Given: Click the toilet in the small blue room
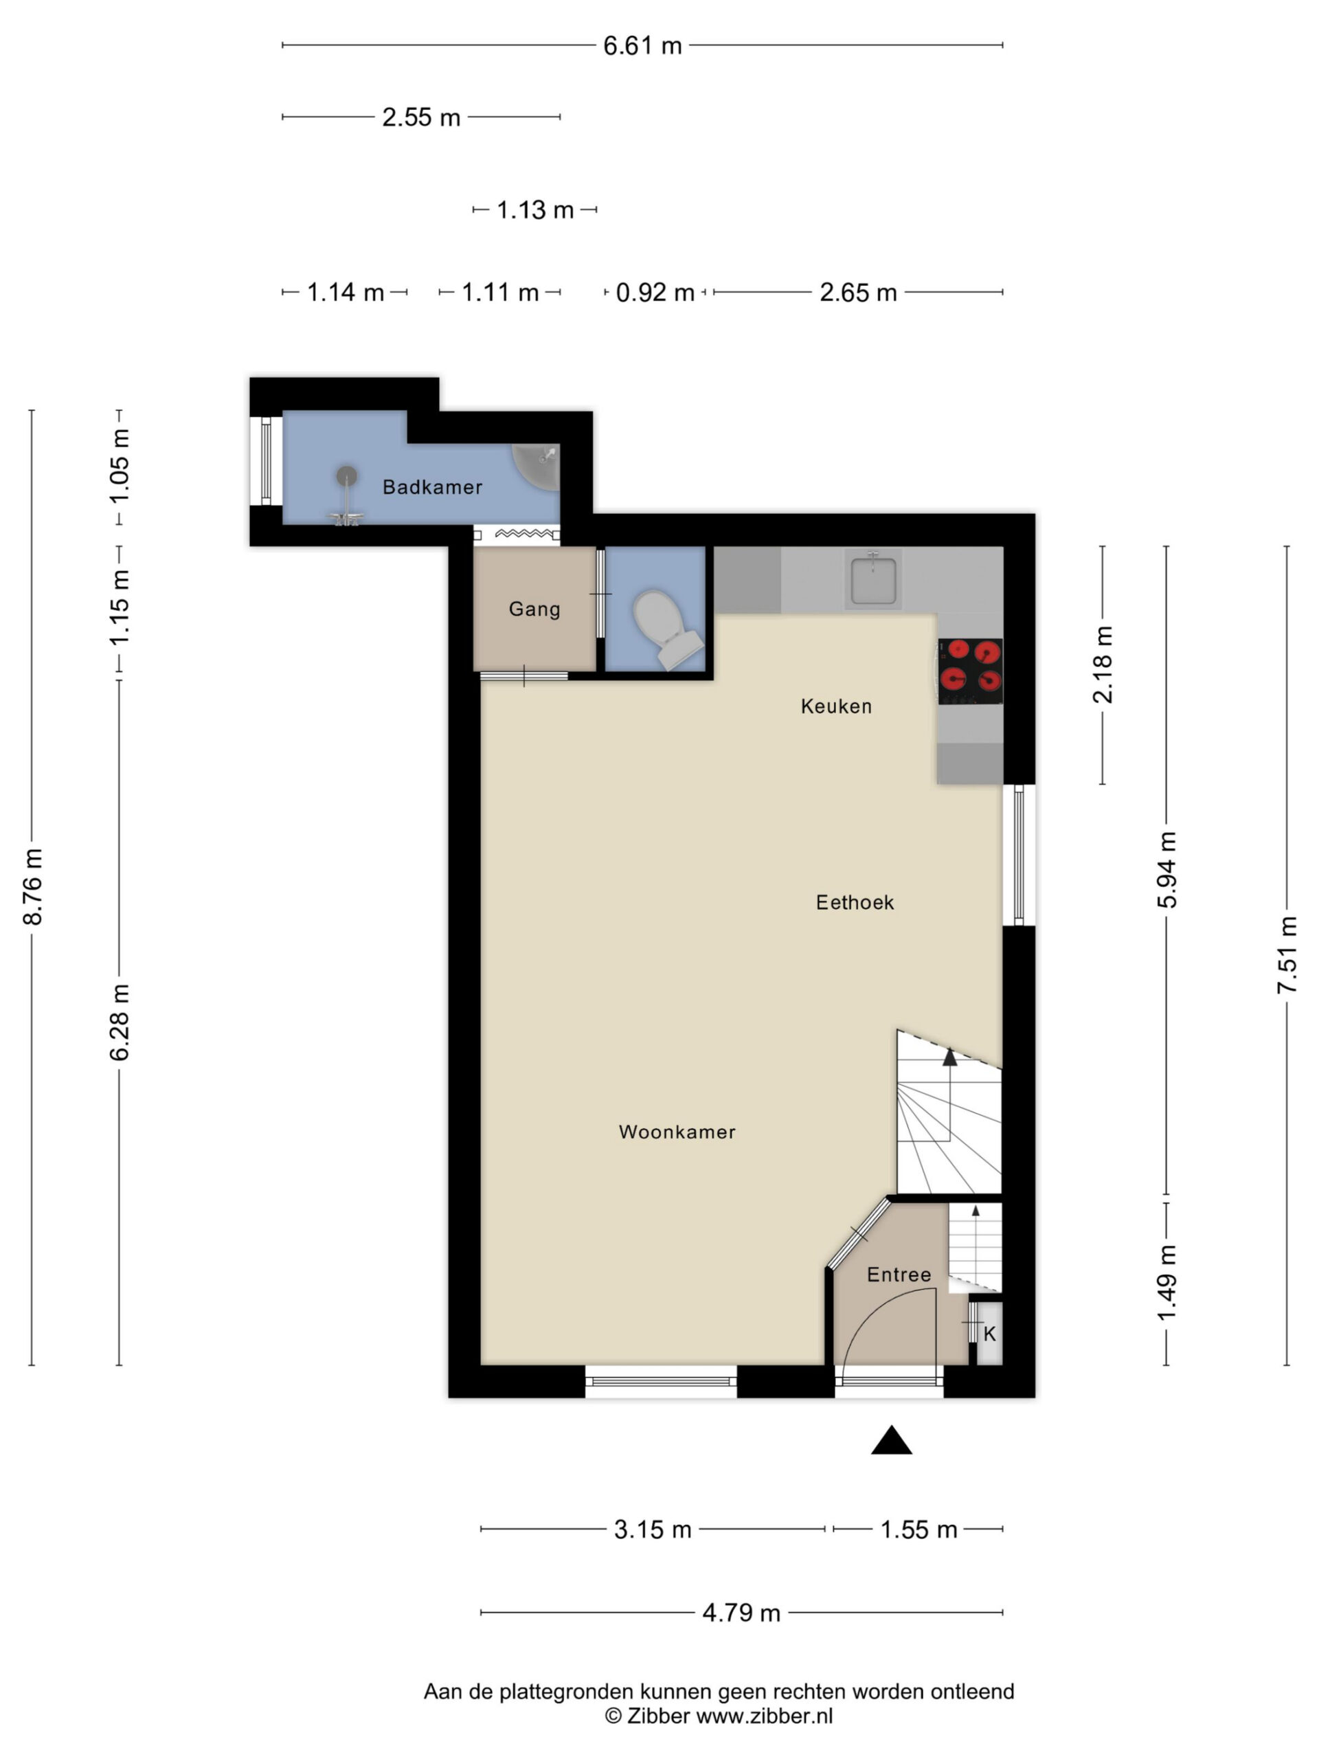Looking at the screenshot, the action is point(666,628).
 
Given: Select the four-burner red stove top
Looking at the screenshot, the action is point(970,671).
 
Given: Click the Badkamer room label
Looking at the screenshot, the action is point(433,486).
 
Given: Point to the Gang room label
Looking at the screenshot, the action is point(534,609).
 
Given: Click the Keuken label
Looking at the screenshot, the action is point(837,706).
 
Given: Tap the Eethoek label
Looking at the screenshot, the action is point(855,903).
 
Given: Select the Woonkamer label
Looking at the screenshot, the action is point(677,1132).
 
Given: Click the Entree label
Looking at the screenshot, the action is point(899,1275).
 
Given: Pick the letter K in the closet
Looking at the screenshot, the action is point(990,1334).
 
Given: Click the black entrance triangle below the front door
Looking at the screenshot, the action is point(891,1439).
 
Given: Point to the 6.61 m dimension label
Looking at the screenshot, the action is point(642,46).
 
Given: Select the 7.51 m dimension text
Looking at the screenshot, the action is point(1287,954).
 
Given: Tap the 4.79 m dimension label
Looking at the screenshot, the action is point(741,1613).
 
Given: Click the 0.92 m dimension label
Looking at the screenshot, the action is point(655,293).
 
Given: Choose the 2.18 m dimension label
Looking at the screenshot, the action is point(1103,665).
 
